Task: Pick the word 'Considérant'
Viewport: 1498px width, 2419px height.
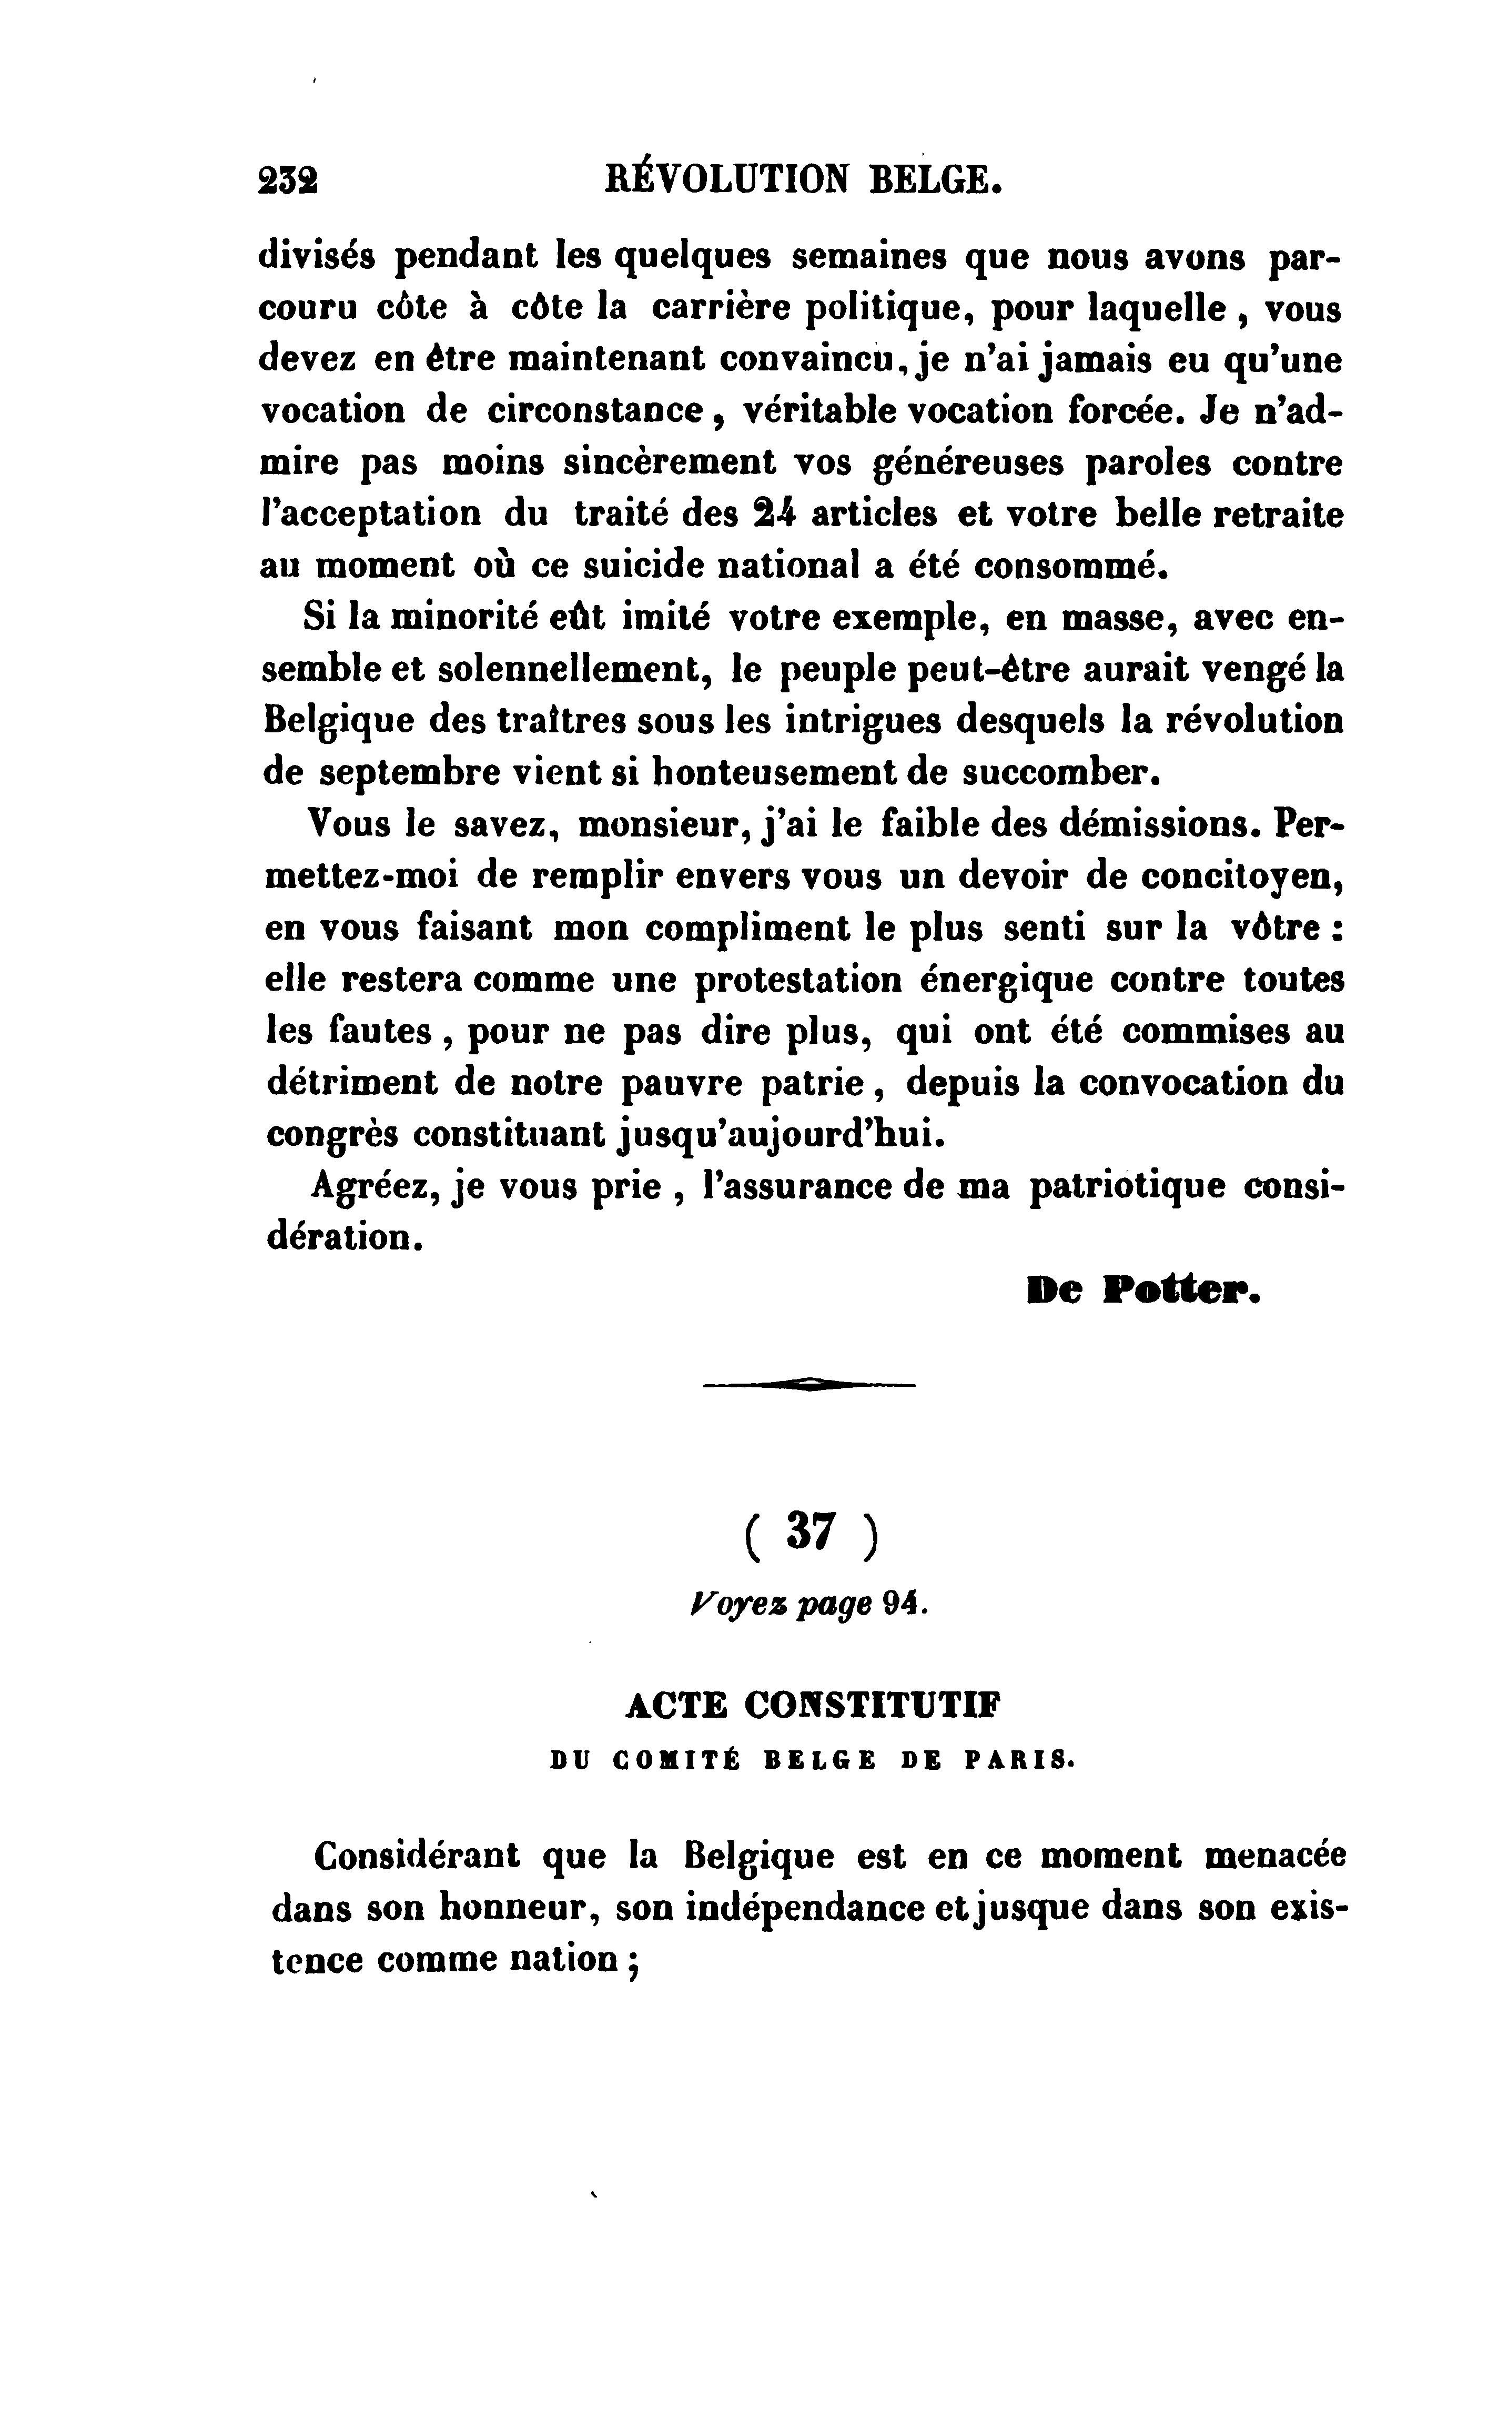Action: click(x=416, y=1855)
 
